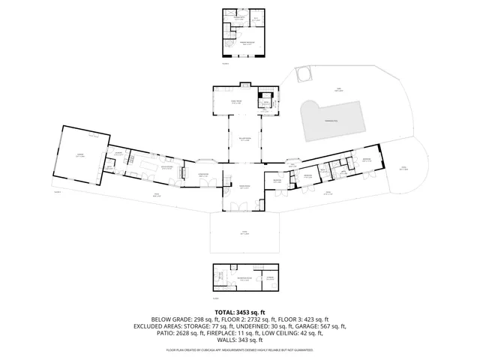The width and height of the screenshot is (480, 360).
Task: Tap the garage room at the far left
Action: [x=79, y=156]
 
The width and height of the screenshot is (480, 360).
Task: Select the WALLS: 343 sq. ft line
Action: [x=239, y=340]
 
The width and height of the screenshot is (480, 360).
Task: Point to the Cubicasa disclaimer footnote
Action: [x=239, y=349]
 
